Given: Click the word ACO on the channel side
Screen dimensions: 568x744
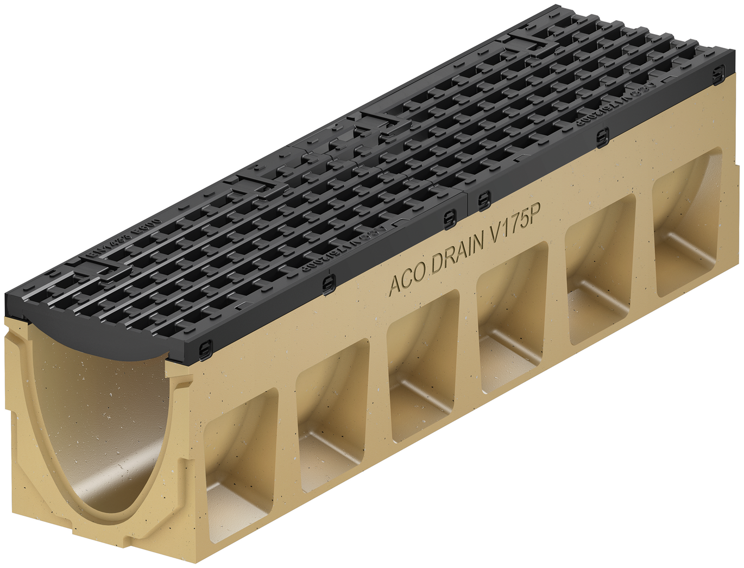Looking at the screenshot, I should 407,280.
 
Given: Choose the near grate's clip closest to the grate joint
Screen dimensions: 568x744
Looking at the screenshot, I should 449,219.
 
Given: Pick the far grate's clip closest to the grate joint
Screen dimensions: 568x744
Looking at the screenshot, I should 483,201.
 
